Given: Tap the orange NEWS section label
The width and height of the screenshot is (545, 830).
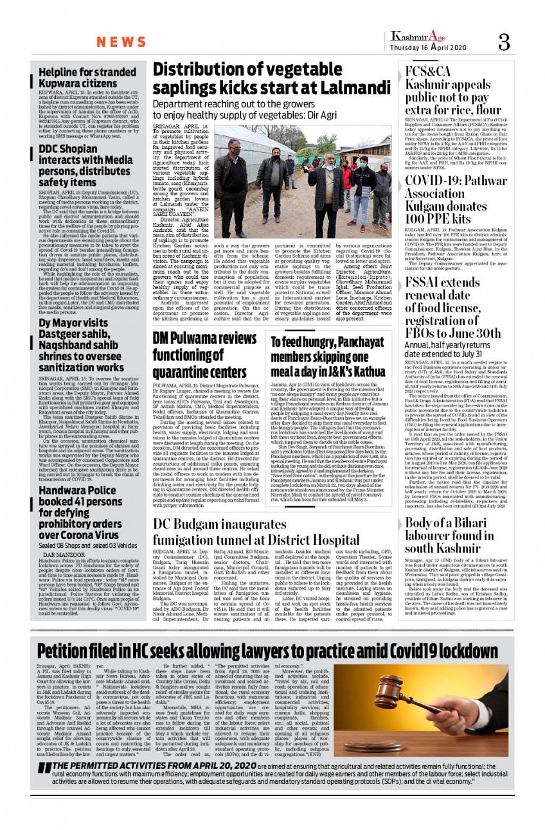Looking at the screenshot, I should [121, 42].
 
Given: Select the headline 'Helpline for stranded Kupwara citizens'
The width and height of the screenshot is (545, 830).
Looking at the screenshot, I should [87, 78].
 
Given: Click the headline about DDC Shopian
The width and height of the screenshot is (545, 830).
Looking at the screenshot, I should [85, 166].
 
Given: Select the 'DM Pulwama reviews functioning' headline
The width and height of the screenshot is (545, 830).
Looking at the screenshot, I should [205, 355].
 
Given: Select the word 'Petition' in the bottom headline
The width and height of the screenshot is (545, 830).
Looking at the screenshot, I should [70, 651].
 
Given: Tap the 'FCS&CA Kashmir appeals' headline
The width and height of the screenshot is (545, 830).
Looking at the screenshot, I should [447, 90].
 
